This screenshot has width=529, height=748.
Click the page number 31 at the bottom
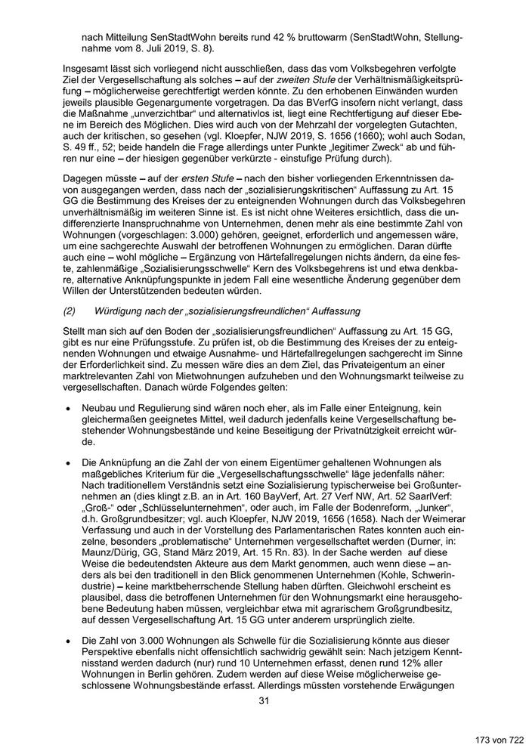[264, 700]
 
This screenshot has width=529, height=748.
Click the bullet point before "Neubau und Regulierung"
[68, 406]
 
